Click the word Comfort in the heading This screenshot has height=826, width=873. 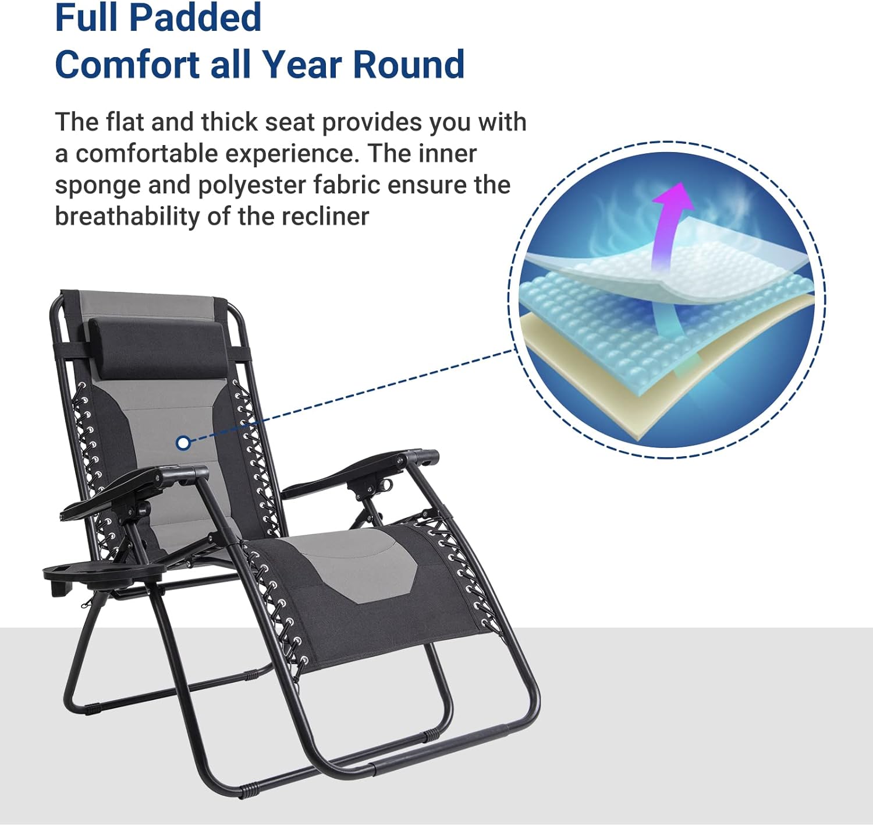click(x=127, y=64)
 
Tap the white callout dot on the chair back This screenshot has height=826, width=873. click(x=183, y=443)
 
